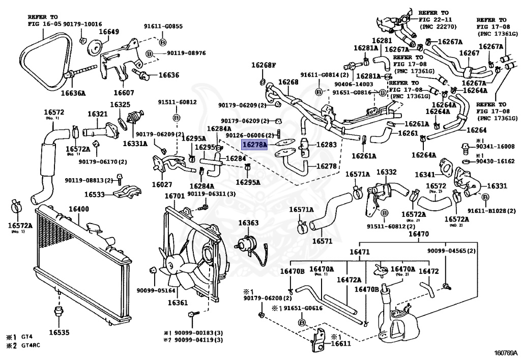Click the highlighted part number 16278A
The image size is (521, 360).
(x=254, y=145)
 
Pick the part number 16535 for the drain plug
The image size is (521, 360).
(x=59, y=333)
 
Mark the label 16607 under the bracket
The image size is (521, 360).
(x=124, y=93)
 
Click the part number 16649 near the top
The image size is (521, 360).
(x=108, y=32)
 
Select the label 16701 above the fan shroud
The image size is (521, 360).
(x=175, y=196)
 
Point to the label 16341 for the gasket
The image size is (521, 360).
(x=425, y=175)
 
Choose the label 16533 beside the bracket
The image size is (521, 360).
(x=95, y=194)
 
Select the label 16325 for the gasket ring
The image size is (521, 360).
(x=121, y=104)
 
